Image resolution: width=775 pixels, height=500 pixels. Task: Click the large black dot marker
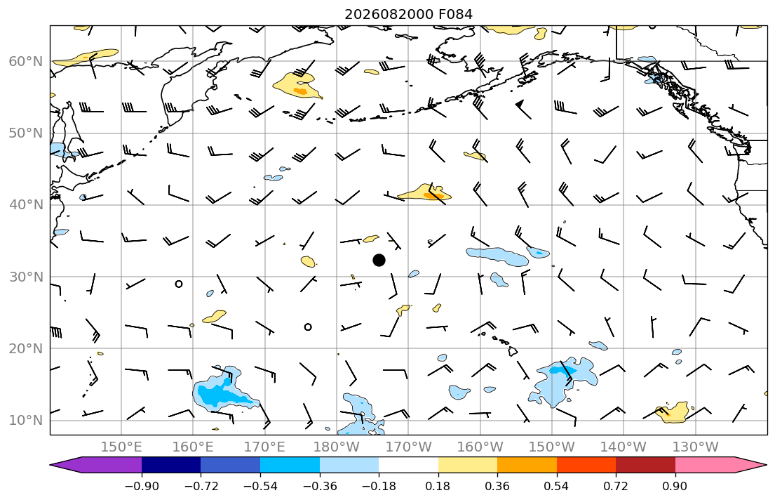(x=379, y=260)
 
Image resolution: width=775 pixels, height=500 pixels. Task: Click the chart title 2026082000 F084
(x=408, y=14)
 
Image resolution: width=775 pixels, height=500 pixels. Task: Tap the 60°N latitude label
(x=26, y=61)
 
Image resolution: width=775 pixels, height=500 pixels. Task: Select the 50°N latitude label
(x=26, y=133)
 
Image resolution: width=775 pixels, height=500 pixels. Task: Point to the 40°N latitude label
(x=26, y=204)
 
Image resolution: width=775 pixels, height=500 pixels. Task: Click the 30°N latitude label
(x=26, y=277)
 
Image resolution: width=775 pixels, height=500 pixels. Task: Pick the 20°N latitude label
(x=26, y=348)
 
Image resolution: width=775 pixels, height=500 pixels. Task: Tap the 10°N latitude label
(x=26, y=421)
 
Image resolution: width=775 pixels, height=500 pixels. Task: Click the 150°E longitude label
(x=121, y=447)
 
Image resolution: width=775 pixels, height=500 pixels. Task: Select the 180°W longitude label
(x=337, y=447)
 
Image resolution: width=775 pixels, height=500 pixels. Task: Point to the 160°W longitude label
(x=480, y=447)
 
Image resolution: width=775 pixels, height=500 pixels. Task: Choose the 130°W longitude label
(x=696, y=447)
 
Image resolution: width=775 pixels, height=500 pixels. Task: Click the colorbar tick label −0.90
(x=142, y=486)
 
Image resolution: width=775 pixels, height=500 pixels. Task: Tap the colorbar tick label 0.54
(x=557, y=486)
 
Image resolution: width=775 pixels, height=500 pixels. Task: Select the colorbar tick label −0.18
(x=379, y=486)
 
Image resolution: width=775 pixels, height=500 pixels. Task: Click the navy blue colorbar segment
(x=171, y=465)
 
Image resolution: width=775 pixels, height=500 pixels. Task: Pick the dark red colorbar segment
(x=645, y=465)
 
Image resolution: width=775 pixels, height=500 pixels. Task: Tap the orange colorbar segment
(x=527, y=465)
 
